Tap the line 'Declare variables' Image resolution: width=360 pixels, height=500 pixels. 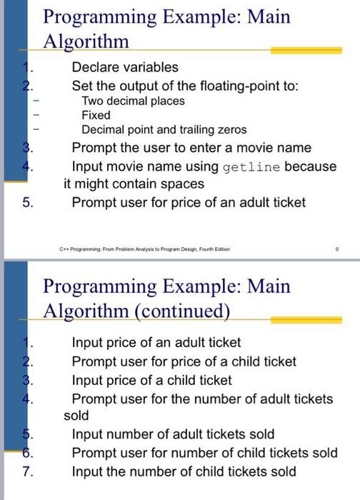[x=125, y=67]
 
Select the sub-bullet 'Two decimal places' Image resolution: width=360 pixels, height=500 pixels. [x=133, y=101]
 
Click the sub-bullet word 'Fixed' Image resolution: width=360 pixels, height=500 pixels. [x=96, y=115]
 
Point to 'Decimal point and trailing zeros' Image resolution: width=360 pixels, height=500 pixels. [x=164, y=130]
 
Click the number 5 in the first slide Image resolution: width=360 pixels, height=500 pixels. [x=26, y=202]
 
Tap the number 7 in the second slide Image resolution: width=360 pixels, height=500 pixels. [x=26, y=471]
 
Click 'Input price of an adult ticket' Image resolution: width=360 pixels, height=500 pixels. [x=156, y=343]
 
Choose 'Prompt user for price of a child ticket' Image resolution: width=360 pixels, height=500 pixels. [x=184, y=361]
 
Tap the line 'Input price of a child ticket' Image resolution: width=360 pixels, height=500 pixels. [x=152, y=380]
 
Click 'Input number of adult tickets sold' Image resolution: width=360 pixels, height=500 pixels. [x=173, y=434]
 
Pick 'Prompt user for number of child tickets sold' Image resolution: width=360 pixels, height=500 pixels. [x=204, y=453]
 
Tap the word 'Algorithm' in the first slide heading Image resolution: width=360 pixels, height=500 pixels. [x=86, y=41]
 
